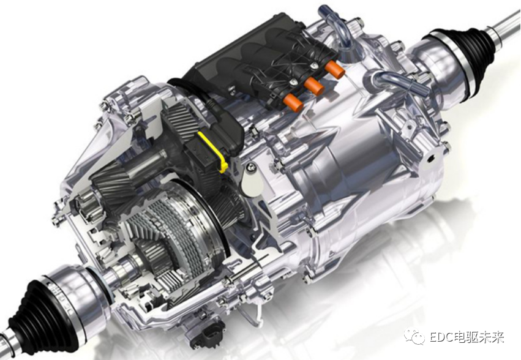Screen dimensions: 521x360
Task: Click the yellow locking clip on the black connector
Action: point(216,150)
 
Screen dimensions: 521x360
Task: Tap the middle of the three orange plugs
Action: point(314,86)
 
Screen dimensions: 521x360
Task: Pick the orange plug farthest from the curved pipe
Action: point(293,102)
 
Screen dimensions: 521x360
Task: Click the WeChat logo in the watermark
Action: point(414,336)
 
